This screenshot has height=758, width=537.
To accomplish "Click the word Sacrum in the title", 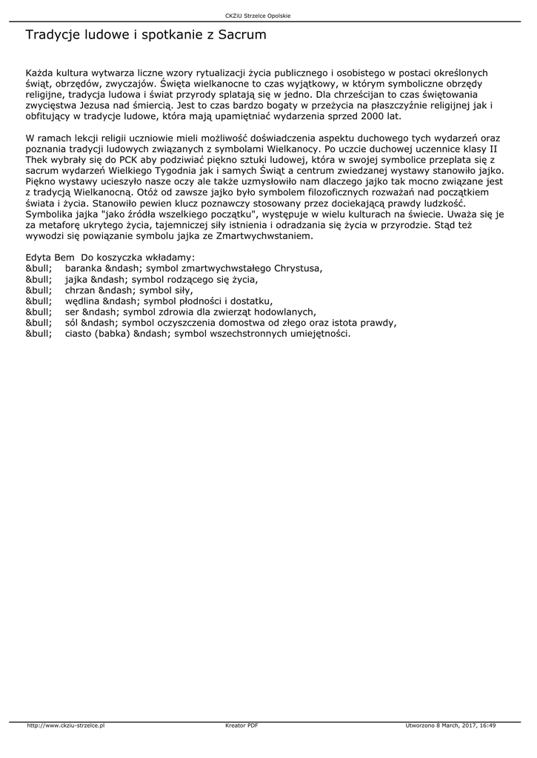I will point(241,35).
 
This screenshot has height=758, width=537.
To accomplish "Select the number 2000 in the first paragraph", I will point(374,116).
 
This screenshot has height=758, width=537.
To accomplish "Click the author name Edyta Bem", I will point(50,257).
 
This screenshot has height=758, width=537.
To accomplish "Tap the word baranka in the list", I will point(82,268).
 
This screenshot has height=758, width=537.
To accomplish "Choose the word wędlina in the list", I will point(81,301).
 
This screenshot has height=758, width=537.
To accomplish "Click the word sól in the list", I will point(72,323).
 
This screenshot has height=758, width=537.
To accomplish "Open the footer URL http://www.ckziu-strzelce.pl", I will point(66,725).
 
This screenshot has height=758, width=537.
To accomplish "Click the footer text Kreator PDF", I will point(241,725).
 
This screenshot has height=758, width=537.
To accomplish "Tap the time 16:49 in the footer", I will point(487,725).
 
